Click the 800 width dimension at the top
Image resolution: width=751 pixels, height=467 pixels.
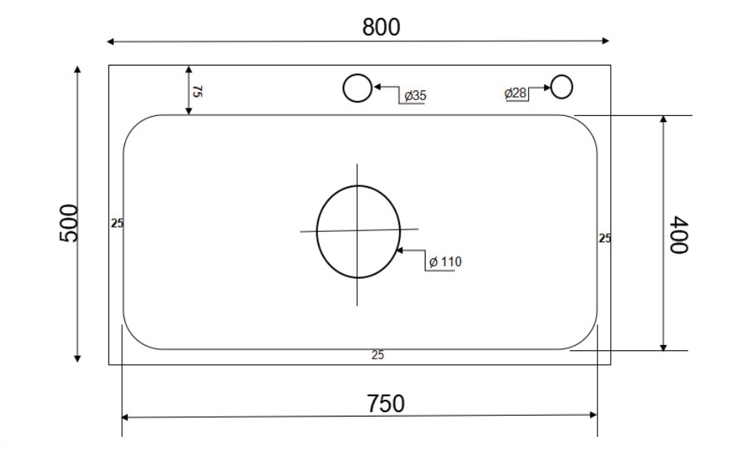[x=381, y=27]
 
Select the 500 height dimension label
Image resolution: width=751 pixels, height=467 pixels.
[x=69, y=222]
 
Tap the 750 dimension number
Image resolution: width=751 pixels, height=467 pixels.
[x=386, y=404]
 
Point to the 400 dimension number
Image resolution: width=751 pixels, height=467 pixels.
[x=680, y=235]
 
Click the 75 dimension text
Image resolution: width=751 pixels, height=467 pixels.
[x=197, y=92]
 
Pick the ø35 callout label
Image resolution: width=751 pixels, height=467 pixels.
[x=415, y=96]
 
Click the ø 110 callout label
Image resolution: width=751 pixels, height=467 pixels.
[x=444, y=262]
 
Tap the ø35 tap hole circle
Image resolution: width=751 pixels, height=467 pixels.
[x=357, y=87]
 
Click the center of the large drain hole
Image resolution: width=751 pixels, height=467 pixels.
[x=358, y=231]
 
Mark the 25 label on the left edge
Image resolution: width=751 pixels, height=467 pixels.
[x=117, y=223]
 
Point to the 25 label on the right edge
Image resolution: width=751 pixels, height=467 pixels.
[x=605, y=239]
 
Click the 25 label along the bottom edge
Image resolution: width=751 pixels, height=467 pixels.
[x=378, y=356]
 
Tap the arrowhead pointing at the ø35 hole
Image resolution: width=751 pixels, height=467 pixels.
[x=376, y=87]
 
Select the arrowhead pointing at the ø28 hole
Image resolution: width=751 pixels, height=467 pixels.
[x=547, y=87]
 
